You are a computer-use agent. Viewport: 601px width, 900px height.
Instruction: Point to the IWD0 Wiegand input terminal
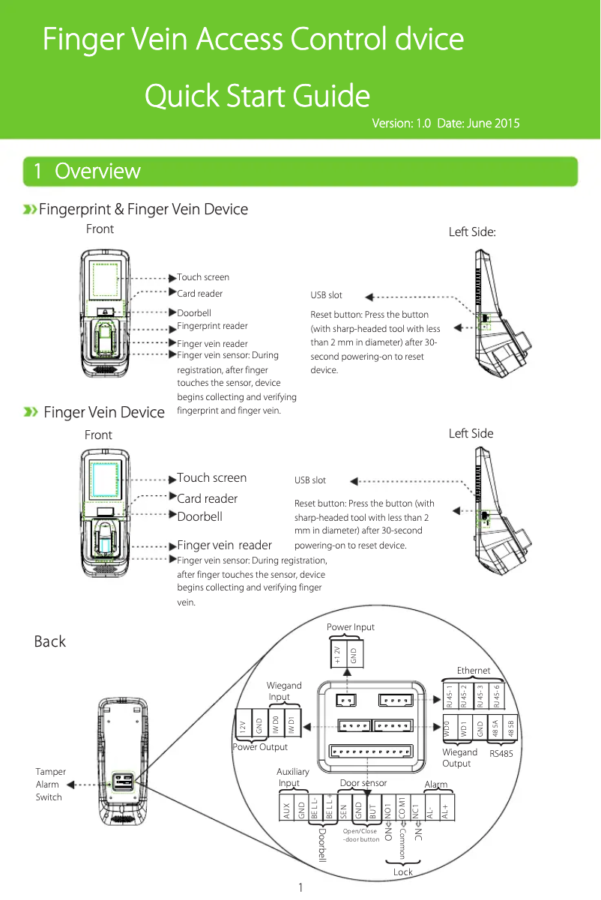(x=276, y=725)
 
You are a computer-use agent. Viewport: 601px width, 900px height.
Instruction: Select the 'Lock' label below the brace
(x=403, y=872)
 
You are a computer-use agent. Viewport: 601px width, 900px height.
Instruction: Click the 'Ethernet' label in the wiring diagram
(x=474, y=670)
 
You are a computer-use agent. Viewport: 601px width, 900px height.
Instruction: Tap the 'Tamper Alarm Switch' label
(x=50, y=784)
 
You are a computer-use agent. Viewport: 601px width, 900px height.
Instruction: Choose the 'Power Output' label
(x=260, y=747)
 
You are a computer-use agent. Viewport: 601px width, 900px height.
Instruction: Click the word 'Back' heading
(x=50, y=641)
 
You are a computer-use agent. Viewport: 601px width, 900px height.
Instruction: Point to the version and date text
(x=446, y=123)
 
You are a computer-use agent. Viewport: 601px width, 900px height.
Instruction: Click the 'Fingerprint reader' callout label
(x=212, y=326)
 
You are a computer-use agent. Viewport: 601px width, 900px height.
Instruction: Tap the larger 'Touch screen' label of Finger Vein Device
(x=211, y=478)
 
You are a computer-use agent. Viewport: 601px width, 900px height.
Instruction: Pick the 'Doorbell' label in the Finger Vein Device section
(x=199, y=516)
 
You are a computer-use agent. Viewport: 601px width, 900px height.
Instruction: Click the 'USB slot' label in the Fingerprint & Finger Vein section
(x=326, y=295)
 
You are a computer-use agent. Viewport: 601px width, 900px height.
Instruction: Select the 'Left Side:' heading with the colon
(x=471, y=232)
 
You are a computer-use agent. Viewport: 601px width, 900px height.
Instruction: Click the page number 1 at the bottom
(x=300, y=888)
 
